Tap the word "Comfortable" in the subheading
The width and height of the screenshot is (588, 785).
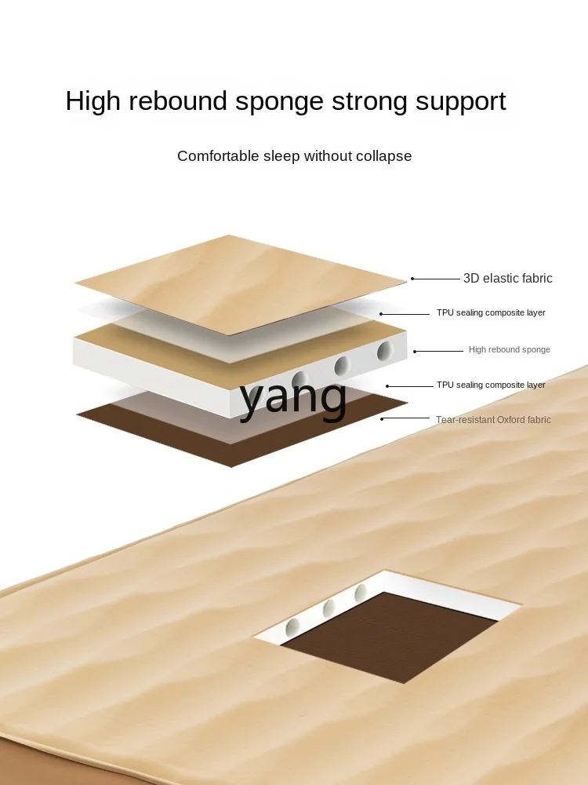click(x=216, y=156)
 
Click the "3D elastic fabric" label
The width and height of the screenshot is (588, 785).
click(x=507, y=279)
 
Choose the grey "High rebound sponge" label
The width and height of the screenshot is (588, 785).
click(x=510, y=349)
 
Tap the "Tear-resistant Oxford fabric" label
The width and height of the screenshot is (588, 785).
click(x=493, y=420)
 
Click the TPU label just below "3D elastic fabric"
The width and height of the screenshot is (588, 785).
click(x=491, y=312)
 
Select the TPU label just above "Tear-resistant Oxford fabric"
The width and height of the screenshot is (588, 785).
click(x=491, y=385)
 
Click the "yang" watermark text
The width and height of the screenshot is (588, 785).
click(x=293, y=396)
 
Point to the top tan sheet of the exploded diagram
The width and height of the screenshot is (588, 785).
click(x=235, y=279)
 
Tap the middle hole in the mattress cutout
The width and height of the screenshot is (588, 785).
click(x=329, y=608)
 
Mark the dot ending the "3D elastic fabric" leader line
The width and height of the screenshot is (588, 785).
click(x=412, y=279)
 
